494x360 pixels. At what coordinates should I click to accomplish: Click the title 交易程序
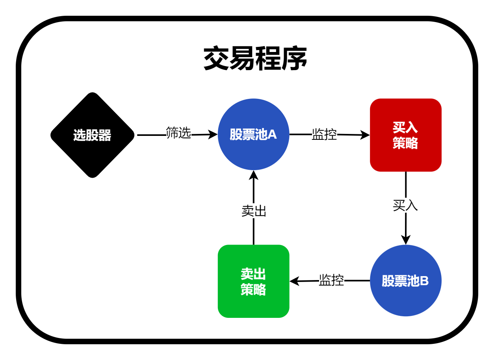tap(255, 59)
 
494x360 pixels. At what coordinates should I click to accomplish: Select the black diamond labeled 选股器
tap(92, 135)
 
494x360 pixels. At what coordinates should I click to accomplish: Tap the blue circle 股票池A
tap(253, 135)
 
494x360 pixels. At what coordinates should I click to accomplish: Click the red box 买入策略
tap(405, 135)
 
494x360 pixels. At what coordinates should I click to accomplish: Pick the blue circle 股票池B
tap(405, 280)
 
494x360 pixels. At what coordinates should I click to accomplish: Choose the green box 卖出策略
tap(253, 281)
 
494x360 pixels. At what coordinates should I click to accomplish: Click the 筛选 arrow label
tap(178, 133)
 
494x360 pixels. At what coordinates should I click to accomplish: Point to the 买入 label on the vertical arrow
tap(405, 205)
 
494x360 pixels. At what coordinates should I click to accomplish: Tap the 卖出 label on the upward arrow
tap(254, 211)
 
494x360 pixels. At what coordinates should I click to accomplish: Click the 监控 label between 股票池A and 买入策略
tap(324, 134)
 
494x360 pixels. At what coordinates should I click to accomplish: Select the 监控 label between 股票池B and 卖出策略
tap(331, 280)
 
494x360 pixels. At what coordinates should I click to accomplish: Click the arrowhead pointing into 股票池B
tap(406, 240)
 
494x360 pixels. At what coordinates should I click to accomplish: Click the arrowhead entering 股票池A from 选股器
tap(213, 135)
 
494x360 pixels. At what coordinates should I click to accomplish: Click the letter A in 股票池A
tap(272, 135)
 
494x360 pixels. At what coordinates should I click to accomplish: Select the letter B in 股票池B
tap(424, 281)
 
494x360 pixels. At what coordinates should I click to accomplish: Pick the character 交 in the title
tap(216, 59)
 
